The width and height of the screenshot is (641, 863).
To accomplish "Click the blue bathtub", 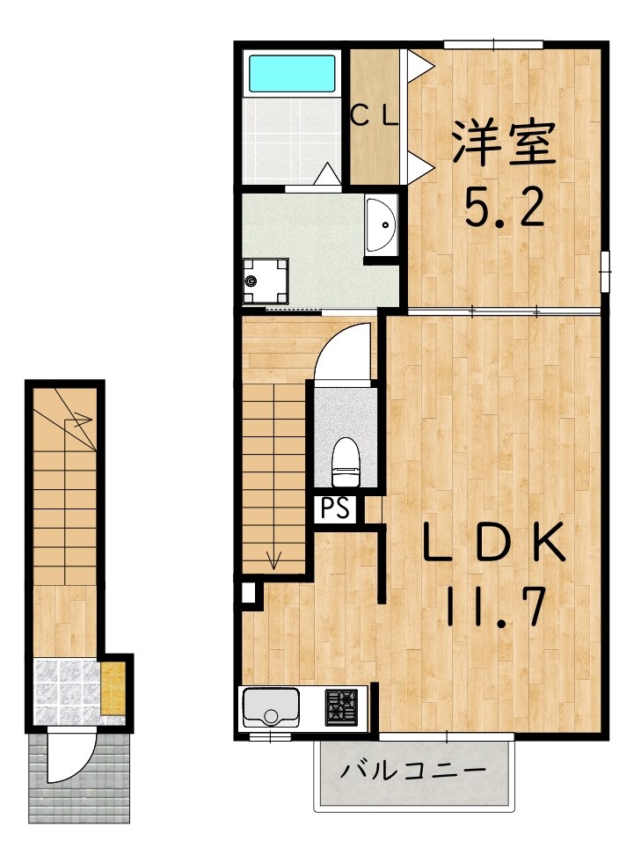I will click(293, 74).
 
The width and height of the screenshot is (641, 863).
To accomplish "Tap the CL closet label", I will click(375, 115).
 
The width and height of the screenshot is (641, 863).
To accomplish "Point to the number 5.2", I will click(504, 208).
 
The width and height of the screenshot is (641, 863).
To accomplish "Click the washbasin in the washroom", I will click(381, 225).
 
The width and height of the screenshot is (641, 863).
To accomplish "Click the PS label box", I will click(335, 508).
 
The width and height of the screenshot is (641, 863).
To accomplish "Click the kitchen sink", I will click(271, 706).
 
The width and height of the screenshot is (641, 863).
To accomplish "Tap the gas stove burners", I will click(343, 705).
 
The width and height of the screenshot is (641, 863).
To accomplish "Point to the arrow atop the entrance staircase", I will click(79, 420).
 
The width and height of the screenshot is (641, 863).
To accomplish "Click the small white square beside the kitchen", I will click(249, 594).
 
